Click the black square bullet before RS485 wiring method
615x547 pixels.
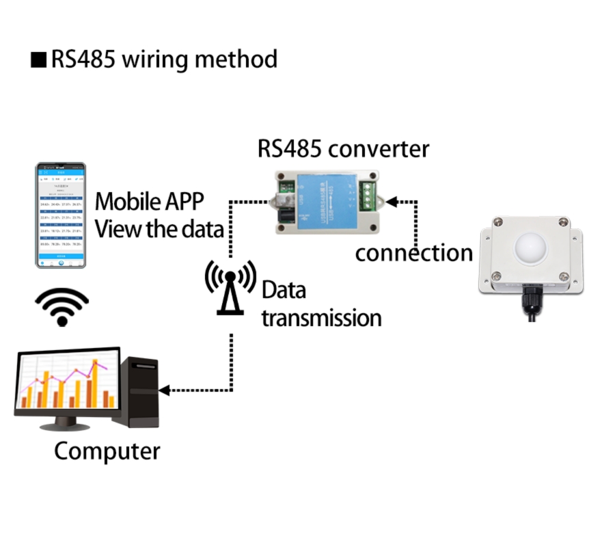coord(38,60)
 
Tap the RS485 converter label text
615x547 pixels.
coord(343,148)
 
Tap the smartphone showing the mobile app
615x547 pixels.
coord(61,215)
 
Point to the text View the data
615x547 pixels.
coord(159,229)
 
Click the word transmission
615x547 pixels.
coord(321,318)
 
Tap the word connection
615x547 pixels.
coord(413,253)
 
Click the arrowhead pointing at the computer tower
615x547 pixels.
coord(165,390)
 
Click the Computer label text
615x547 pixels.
coord(107,452)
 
